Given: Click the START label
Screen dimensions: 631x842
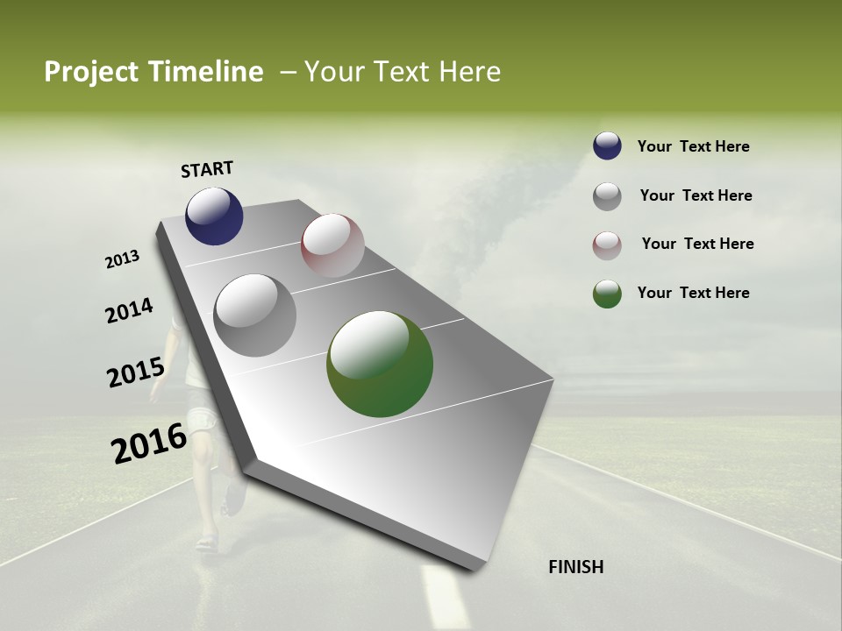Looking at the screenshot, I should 207,169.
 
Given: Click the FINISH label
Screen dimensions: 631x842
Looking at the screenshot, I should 575,567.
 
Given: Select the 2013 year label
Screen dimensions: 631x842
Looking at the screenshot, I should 122,259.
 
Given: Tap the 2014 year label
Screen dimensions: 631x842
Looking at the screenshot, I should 129,311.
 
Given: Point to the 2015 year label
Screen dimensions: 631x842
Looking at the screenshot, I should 135,372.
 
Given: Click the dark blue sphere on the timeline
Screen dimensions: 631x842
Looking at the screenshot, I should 214,216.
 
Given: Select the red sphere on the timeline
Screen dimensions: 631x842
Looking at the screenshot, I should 332,245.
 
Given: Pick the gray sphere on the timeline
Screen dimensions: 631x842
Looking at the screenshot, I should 254,315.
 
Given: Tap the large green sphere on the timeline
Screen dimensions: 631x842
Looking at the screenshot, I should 380,364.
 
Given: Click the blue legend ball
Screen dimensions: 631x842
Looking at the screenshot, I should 607,146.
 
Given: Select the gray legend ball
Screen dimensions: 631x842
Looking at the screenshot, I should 607,196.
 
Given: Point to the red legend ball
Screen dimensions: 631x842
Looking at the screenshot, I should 607,245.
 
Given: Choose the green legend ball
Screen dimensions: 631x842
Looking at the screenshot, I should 607,294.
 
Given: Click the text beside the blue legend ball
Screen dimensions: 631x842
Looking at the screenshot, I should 693,147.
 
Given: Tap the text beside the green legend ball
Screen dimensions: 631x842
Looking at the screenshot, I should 693,293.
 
